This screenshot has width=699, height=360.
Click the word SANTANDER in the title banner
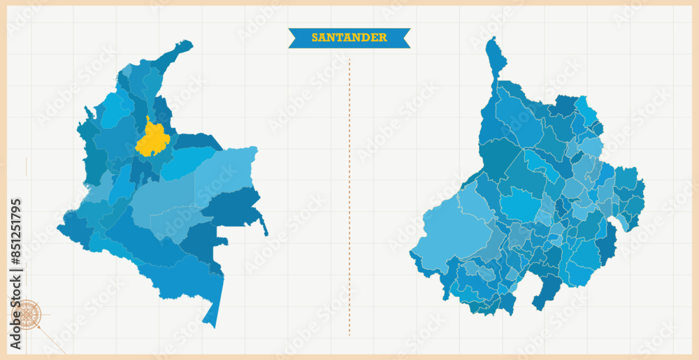point(349,38)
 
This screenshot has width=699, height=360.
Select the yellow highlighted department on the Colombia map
point(153,139)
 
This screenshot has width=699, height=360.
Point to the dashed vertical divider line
point(349,196)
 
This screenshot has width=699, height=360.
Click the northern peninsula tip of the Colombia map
point(185,45)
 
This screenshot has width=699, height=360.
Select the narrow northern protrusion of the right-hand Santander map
point(497,56)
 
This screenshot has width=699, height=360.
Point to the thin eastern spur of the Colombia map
point(264,227)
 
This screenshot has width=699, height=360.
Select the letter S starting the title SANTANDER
point(315,38)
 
